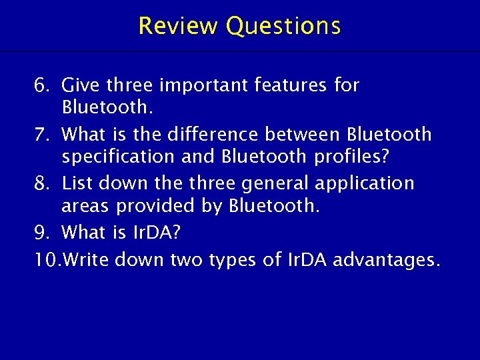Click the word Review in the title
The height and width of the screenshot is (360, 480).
(x=179, y=26)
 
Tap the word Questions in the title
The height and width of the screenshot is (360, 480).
(x=283, y=26)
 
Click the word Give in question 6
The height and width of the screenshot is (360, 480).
(x=81, y=86)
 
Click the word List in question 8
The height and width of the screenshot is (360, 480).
(x=75, y=183)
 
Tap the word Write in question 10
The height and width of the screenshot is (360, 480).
(x=85, y=259)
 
